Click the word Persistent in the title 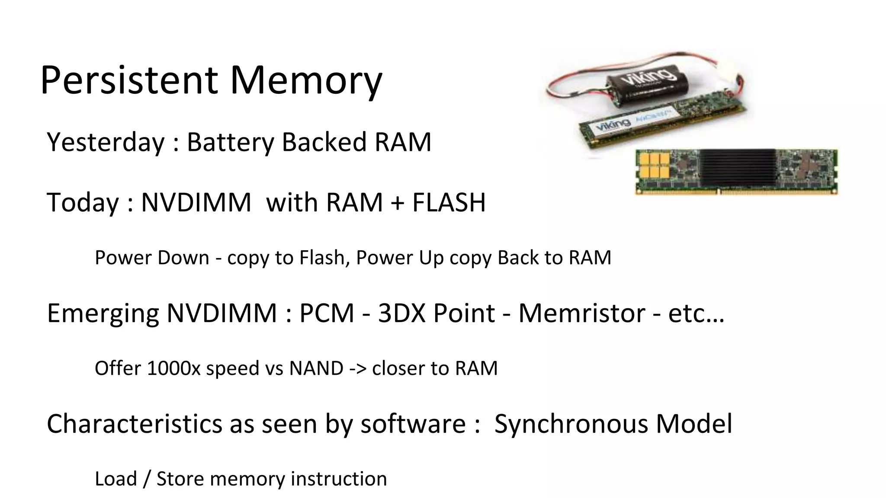click(129, 80)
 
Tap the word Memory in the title click(306, 81)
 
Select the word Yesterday click(106, 142)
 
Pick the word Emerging click(103, 313)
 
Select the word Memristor click(581, 313)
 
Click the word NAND click(316, 368)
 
